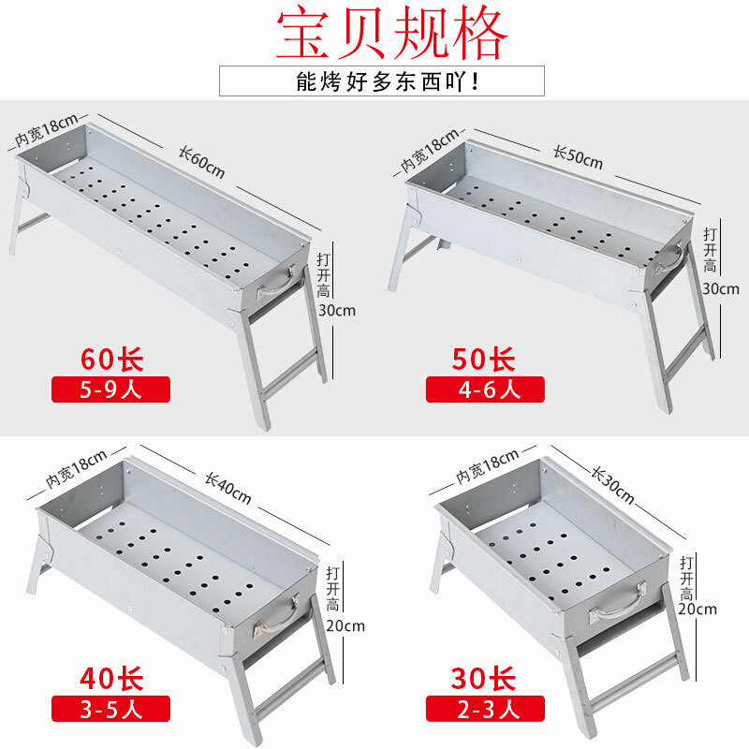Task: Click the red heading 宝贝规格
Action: (392, 35)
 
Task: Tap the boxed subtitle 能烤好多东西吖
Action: (381, 81)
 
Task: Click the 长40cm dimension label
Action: (227, 486)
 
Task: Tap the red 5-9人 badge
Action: (111, 389)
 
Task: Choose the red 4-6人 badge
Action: (485, 389)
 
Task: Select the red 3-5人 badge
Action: (111, 707)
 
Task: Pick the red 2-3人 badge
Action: (485, 707)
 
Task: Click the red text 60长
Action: (111, 360)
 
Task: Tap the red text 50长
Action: (485, 360)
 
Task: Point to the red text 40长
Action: (111, 677)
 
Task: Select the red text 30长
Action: (485, 677)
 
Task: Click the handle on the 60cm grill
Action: (276, 281)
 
